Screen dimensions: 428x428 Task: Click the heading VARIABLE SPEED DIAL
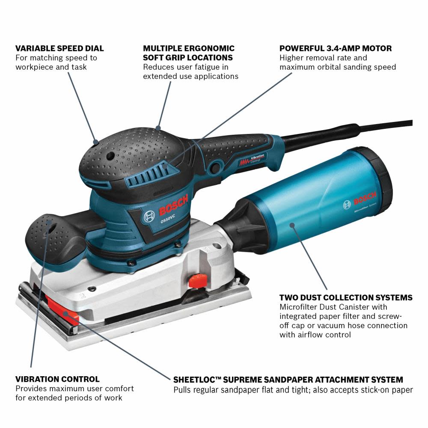pos(59,48)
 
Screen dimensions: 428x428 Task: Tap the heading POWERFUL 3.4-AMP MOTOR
pos(336,48)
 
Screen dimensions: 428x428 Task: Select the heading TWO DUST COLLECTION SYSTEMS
pos(346,297)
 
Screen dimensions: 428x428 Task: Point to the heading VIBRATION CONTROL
pos(57,379)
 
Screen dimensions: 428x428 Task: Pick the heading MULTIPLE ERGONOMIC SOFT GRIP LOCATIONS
pos(189,53)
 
